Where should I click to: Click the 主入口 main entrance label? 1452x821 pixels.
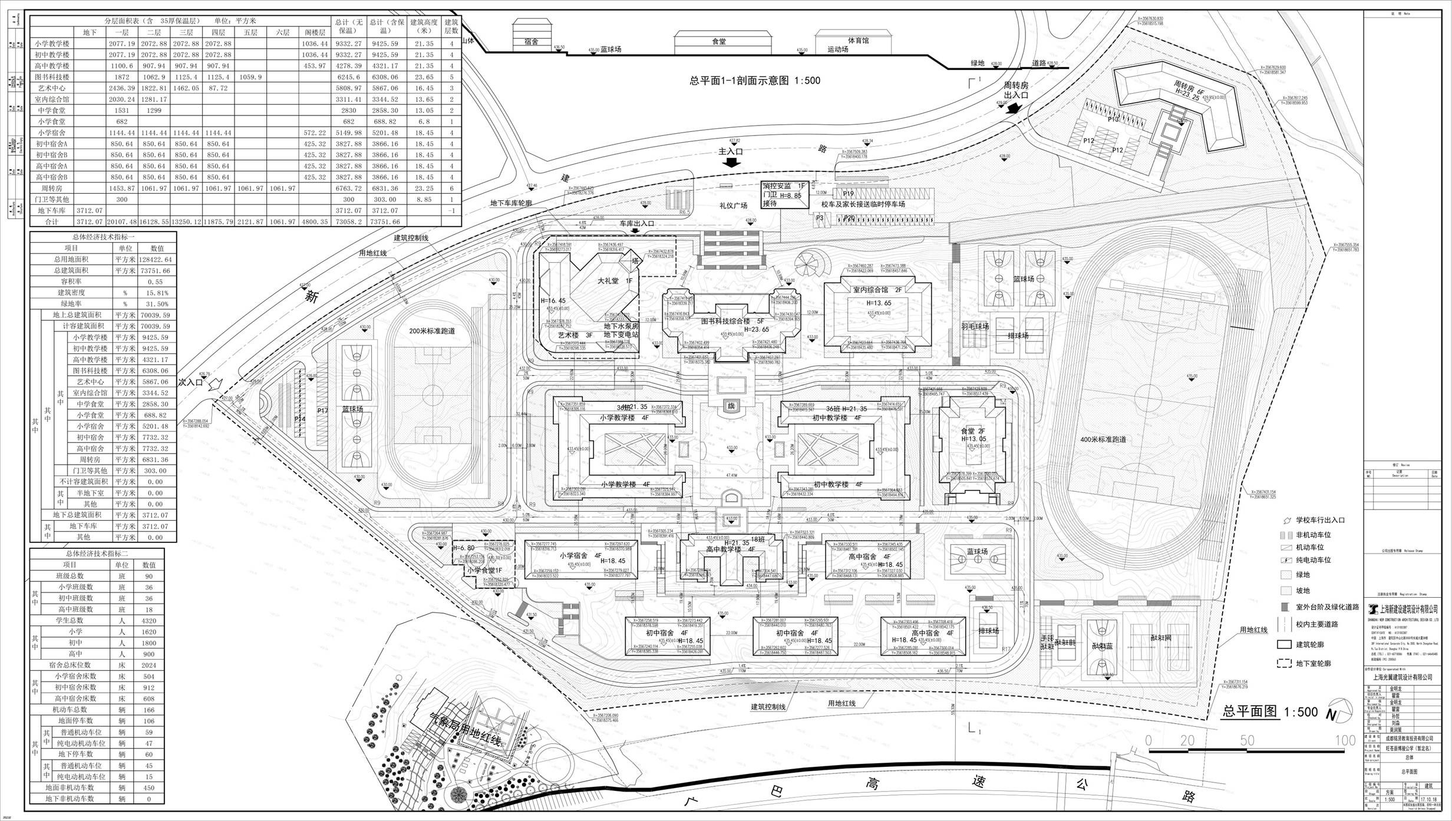[731, 151]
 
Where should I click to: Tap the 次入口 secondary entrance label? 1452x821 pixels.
[190, 382]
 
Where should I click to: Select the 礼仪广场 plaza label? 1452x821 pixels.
[733, 206]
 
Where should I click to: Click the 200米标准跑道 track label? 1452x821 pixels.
[432, 331]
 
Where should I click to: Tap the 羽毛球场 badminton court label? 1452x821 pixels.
[974, 326]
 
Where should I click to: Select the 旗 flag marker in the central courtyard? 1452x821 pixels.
[731, 406]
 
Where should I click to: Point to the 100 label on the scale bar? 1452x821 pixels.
[1345, 740]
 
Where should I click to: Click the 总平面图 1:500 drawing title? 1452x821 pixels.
[1269, 711]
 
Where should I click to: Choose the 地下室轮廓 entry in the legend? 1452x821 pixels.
[1313, 663]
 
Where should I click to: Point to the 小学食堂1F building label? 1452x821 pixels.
[484, 570]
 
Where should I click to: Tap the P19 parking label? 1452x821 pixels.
[849, 193]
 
